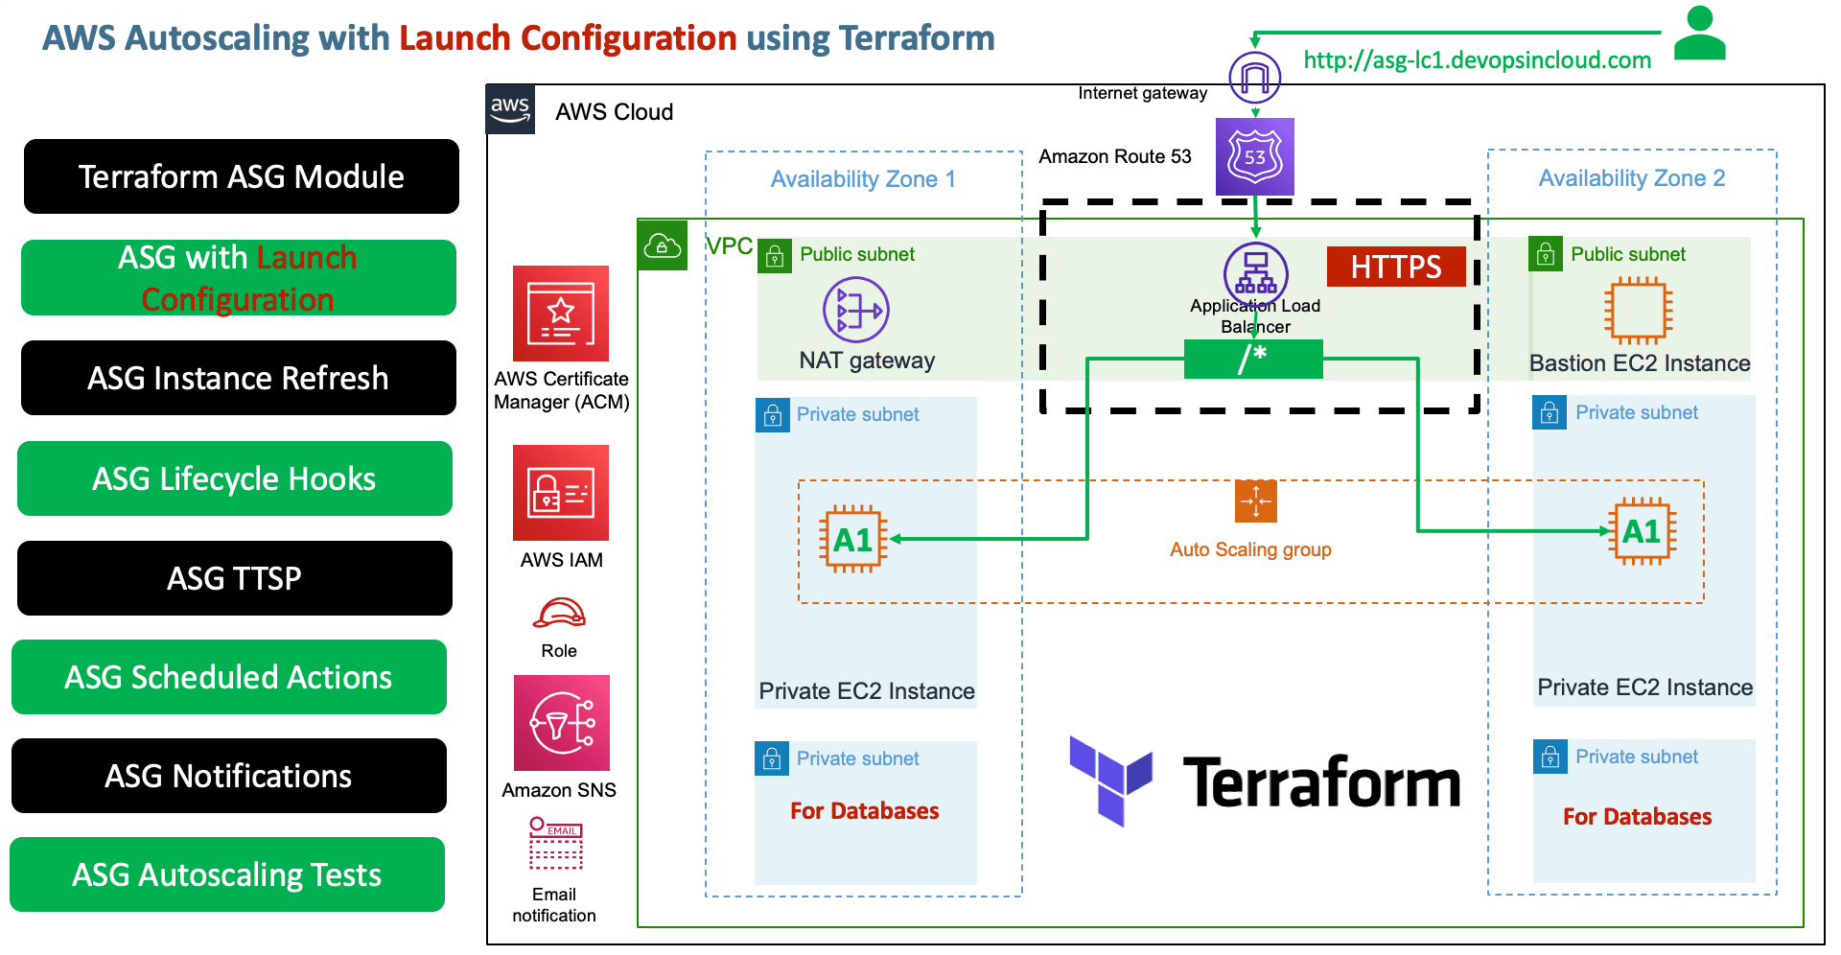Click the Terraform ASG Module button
(241, 176)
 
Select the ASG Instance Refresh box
(238, 378)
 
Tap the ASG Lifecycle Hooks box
(234, 478)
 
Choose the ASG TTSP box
(234, 578)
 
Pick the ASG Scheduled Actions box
(228, 677)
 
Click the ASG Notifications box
(228, 776)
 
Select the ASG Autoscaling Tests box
(226, 874)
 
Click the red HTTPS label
(1396, 267)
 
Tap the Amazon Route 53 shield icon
(1254, 156)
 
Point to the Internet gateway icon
(1254, 78)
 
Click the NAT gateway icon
(855, 310)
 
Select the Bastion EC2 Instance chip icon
(1638, 311)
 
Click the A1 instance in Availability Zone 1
(852, 540)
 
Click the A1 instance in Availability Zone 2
(1642, 531)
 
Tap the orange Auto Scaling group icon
(1255, 501)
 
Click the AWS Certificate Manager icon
(561, 314)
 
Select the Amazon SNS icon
(561, 723)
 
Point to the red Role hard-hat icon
(559, 614)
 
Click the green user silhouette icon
(1699, 34)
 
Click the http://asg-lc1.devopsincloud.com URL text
(1477, 60)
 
